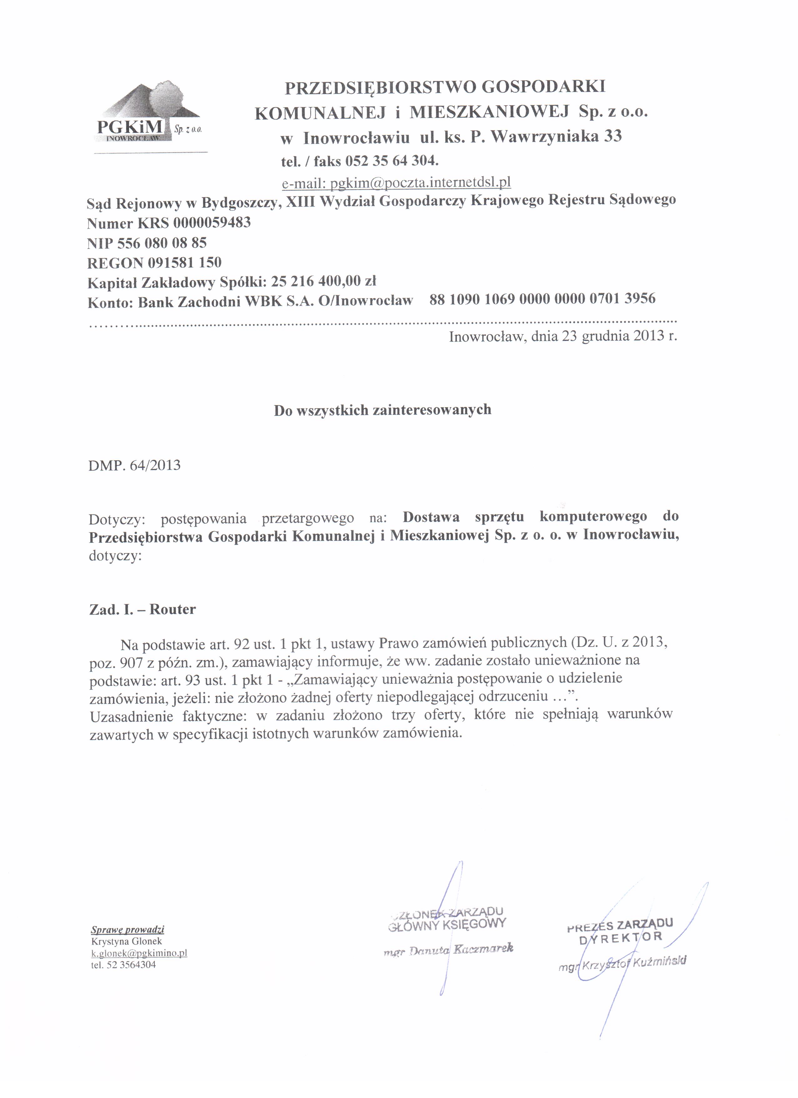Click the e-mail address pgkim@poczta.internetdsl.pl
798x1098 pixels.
(x=396, y=182)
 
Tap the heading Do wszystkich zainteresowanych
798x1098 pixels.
(x=382, y=410)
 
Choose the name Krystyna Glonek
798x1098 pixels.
(x=126, y=941)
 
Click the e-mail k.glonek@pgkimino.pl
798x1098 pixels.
(x=139, y=953)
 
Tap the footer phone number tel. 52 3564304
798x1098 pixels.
(x=124, y=964)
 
